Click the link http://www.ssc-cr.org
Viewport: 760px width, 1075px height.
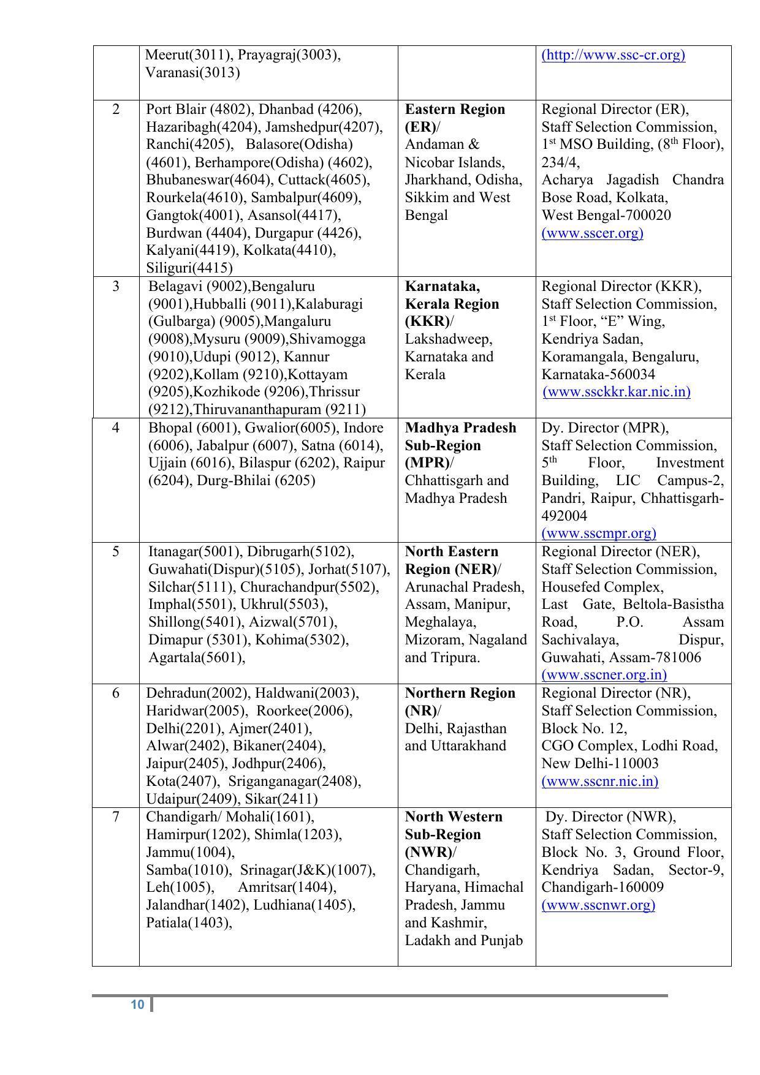tap(613, 55)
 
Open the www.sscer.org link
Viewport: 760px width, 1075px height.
tap(592, 233)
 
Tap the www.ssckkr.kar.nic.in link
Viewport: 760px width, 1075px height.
tap(617, 392)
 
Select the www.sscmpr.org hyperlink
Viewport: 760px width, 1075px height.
tap(598, 534)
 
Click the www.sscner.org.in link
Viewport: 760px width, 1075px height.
tap(604, 675)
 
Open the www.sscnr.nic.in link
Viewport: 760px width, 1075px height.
tap(599, 782)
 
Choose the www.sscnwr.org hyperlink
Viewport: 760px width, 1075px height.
tap(598, 905)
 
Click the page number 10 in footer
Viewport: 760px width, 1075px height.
tap(137, 1005)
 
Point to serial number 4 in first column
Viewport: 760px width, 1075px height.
tap(116, 428)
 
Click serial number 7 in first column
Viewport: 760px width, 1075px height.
tap(116, 817)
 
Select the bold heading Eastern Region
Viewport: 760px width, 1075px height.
tap(455, 110)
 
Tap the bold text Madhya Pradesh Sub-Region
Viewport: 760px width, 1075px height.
tap(460, 436)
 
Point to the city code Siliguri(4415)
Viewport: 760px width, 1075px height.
tap(189, 268)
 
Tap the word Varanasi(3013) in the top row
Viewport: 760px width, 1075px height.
tap(192, 73)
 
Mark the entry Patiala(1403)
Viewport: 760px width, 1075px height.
tap(189, 922)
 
